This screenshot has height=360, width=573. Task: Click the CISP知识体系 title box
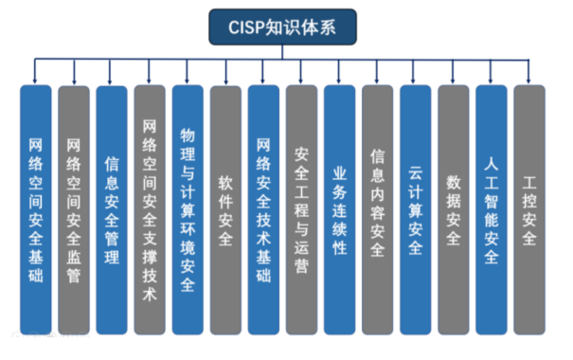click(x=282, y=27)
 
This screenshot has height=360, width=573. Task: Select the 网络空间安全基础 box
click(x=35, y=209)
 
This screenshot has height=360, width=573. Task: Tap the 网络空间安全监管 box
click(x=74, y=209)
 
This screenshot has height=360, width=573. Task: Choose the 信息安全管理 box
click(x=112, y=209)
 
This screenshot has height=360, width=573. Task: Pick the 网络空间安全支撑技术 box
click(x=150, y=209)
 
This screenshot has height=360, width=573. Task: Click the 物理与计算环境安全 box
click(x=188, y=209)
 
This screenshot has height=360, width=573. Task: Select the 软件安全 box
click(x=225, y=209)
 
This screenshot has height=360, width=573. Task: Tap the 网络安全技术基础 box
click(x=263, y=209)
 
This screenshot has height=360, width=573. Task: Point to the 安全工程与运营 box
click(x=301, y=209)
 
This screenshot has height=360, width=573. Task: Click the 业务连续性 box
click(x=339, y=209)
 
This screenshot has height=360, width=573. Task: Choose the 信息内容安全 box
click(x=378, y=209)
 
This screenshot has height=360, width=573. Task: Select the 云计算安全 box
click(x=416, y=209)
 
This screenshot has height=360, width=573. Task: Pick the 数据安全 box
click(x=454, y=209)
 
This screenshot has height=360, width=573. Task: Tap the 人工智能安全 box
click(x=492, y=209)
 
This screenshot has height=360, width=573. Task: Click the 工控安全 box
click(x=529, y=209)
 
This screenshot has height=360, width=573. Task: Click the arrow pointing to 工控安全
click(x=528, y=72)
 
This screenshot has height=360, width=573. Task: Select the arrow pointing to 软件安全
click(x=225, y=72)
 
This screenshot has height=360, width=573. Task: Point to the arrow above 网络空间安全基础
click(x=35, y=71)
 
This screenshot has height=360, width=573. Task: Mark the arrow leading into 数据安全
click(x=453, y=72)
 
